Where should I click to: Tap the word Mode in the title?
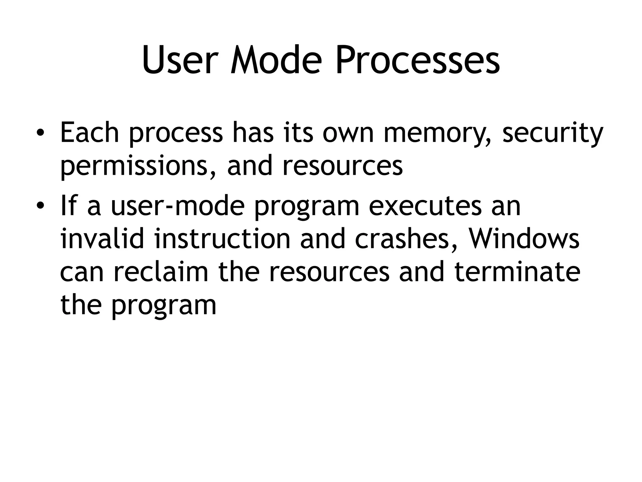click(x=276, y=60)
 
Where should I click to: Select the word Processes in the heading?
click(x=418, y=60)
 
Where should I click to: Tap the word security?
click(x=553, y=133)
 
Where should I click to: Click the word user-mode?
click(x=177, y=206)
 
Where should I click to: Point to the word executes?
click(x=425, y=206)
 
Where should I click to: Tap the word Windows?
click(x=524, y=239)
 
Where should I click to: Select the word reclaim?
click(x=161, y=272)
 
